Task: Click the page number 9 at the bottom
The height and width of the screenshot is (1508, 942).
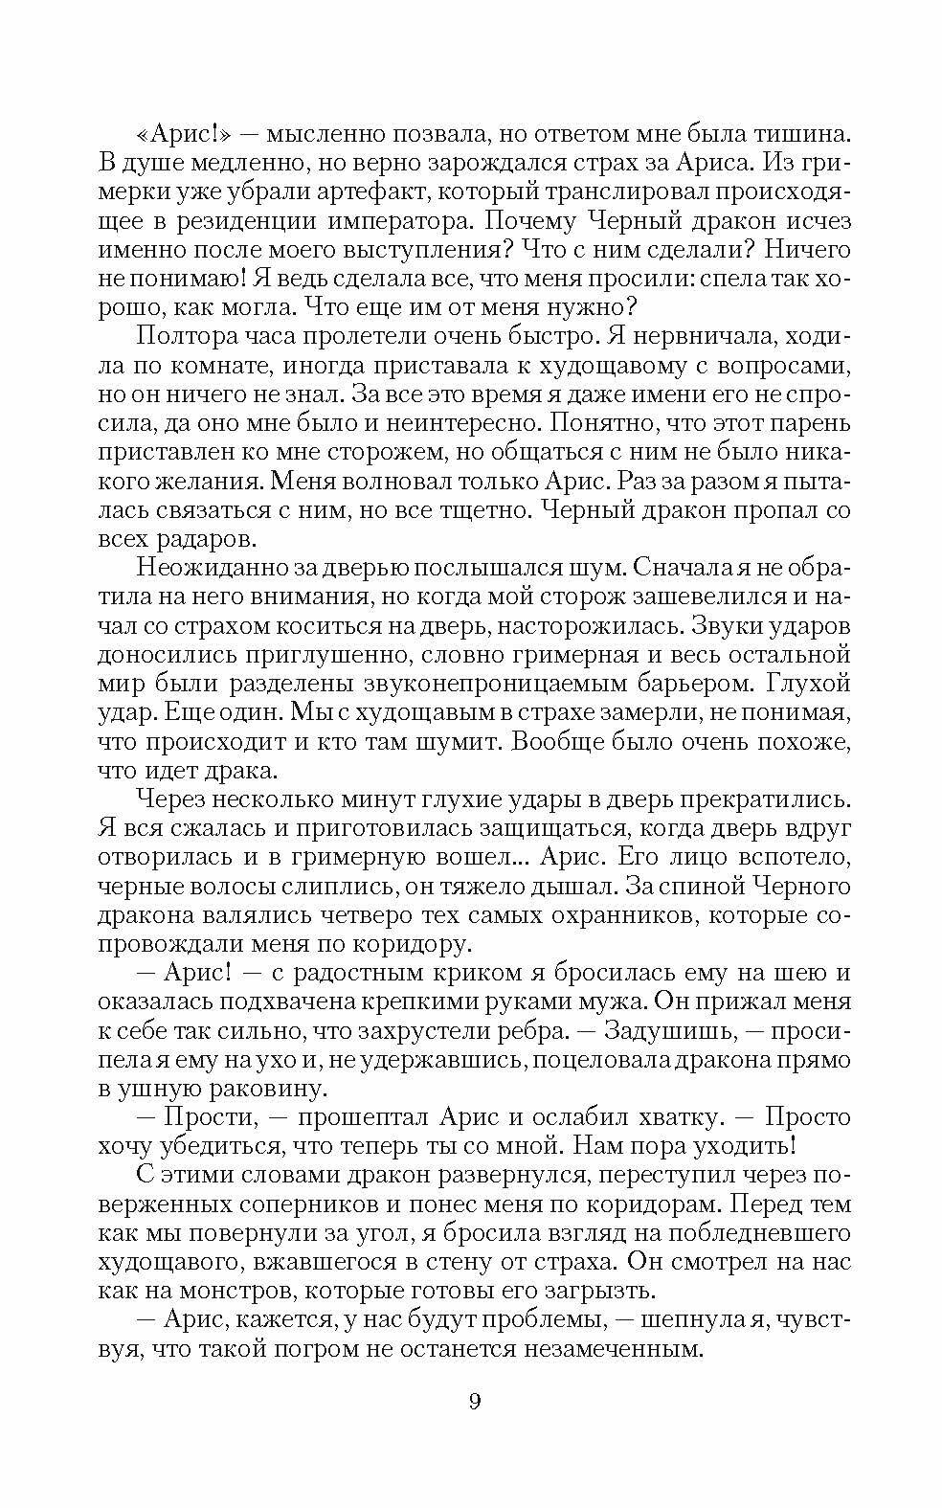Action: pos(475,1402)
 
